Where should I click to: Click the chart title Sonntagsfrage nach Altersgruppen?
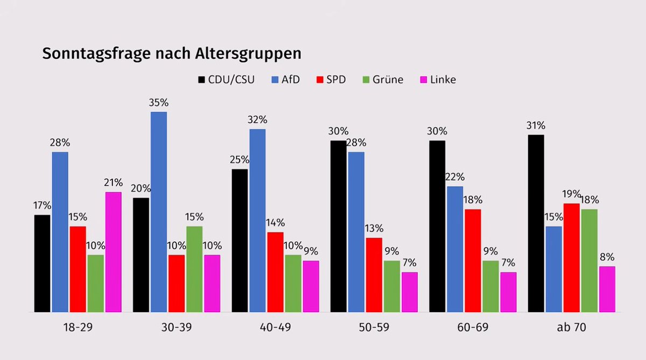(x=172, y=54)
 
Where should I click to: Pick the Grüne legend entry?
(x=382, y=80)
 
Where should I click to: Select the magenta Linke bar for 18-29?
(x=113, y=252)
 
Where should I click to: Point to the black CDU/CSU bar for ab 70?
(x=536, y=223)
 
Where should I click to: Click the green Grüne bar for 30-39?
(x=194, y=269)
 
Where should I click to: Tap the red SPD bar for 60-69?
(x=473, y=260)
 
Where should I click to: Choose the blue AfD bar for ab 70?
(x=553, y=269)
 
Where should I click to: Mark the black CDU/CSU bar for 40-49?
(x=240, y=241)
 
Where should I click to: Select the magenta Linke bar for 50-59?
(x=410, y=292)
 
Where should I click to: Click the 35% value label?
(x=159, y=102)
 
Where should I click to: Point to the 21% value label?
(x=114, y=182)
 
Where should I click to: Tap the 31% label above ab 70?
(x=536, y=125)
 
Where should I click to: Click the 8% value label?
(x=607, y=257)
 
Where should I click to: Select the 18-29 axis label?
(x=78, y=328)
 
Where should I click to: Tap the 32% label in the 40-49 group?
(x=257, y=119)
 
